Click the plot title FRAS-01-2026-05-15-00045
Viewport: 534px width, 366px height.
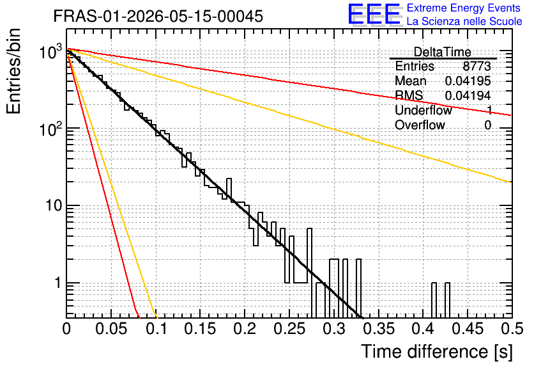pos(158,16)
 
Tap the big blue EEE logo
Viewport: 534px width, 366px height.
pos(374,14)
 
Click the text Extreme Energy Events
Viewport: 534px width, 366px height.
pos(464,8)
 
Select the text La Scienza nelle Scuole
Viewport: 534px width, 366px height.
pos(464,21)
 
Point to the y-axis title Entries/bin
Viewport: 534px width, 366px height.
pos(13,71)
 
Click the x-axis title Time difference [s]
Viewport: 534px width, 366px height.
pos(437,351)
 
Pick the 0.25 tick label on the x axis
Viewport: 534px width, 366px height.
pos(289,329)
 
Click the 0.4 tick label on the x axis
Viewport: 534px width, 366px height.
pos(423,329)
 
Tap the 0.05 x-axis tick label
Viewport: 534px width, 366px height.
pos(111,329)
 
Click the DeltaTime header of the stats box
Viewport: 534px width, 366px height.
pos(443,52)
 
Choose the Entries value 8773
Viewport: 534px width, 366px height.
pos(477,66)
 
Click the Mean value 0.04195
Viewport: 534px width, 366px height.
pos(468,81)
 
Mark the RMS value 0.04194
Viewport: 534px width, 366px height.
pos(468,95)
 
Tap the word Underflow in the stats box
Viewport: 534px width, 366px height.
pos(423,110)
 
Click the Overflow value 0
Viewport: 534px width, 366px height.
pos(487,125)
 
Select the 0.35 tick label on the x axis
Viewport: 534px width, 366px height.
pos(379,329)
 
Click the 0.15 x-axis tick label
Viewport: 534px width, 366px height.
pos(201,329)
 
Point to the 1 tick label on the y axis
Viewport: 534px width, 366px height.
pos(58,283)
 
